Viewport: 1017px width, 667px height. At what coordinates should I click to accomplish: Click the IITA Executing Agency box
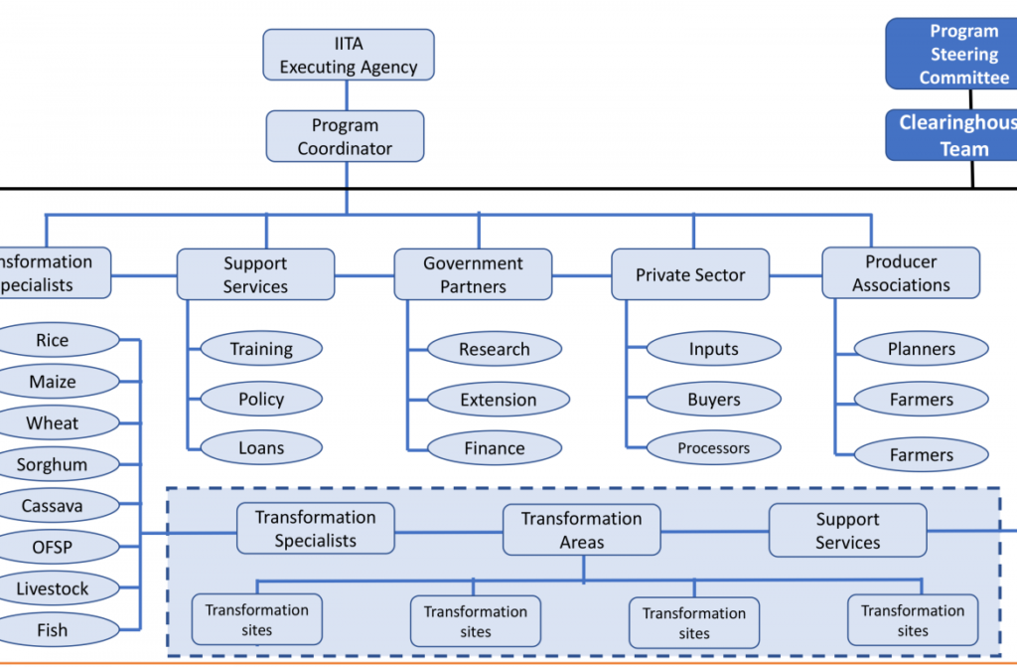pyautogui.click(x=348, y=55)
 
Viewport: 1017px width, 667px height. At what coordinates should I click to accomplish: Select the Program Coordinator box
pyautogui.click(x=345, y=136)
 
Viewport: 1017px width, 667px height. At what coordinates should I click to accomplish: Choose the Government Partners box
pyautogui.click(x=473, y=274)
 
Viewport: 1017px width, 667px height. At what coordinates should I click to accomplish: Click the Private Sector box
pyautogui.click(x=690, y=274)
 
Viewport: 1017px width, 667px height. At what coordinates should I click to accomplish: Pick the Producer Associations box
pyautogui.click(x=901, y=273)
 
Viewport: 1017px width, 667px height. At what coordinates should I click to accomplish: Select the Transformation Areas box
pyautogui.click(x=581, y=530)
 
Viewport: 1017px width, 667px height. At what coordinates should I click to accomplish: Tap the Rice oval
pyautogui.click(x=53, y=340)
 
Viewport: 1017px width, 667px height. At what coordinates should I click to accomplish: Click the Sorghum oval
pyautogui.click(x=53, y=464)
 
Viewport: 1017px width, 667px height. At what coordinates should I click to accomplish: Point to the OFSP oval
pyautogui.click(x=53, y=547)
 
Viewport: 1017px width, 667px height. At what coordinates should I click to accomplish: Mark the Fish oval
pyautogui.click(x=53, y=629)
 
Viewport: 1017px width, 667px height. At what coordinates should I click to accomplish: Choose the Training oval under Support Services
pyautogui.click(x=261, y=349)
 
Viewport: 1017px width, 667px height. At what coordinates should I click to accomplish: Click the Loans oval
pyautogui.click(x=261, y=448)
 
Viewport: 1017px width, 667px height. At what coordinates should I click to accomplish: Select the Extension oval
pyautogui.click(x=498, y=400)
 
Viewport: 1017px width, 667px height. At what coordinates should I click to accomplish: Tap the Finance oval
pyautogui.click(x=494, y=448)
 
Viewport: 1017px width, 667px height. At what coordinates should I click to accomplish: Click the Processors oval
pyautogui.click(x=713, y=448)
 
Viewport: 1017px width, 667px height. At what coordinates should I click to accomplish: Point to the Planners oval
pyautogui.click(x=921, y=349)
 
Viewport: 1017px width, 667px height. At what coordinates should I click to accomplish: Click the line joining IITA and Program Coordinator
pyautogui.click(x=347, y=95)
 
